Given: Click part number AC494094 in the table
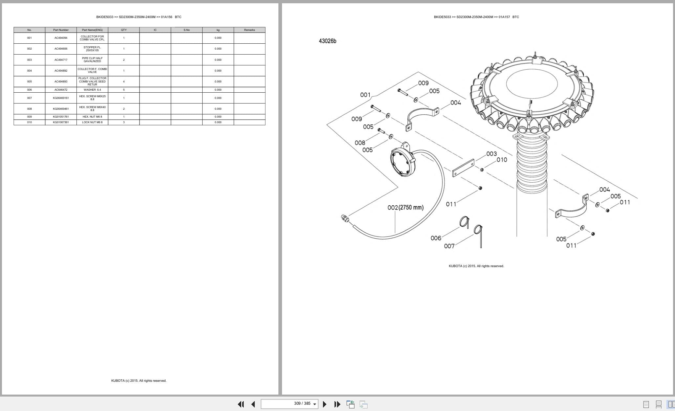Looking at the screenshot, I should (61, 38).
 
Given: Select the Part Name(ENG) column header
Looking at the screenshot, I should (92, 30).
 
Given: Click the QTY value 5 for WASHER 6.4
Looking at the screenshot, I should (124, 90).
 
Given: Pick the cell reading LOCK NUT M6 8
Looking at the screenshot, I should (92, 122).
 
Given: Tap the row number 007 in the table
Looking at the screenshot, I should (30, 98).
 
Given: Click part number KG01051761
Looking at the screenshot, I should (61, 117).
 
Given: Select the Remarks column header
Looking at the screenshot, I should (250, 30).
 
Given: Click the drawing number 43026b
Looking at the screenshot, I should (327, 41).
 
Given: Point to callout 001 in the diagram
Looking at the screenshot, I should (365, 95).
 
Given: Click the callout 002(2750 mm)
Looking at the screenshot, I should (405, 208).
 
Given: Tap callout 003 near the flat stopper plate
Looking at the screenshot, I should (491, 154).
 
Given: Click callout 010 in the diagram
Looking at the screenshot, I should (502, 160).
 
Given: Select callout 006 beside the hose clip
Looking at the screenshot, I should (436, 238).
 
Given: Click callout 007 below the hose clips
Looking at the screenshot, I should (449, 246).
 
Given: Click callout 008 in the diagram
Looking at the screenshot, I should (360, 143).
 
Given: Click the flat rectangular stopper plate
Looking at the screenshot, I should (463, 168).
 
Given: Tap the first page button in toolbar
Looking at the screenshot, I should (241, 404).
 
